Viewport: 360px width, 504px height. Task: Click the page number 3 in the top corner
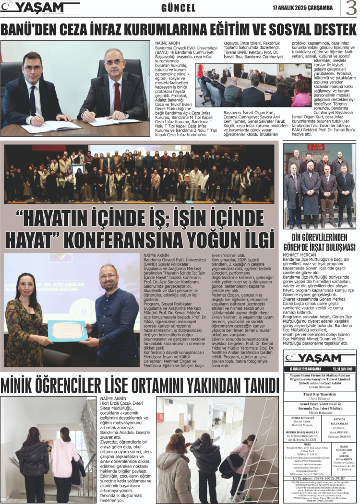pyautogui.click(x=350, y=8)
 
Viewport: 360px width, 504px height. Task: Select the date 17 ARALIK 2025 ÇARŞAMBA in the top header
pyautogui.click(x=302, y=8)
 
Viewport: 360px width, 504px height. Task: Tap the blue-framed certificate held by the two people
pyautogui.click(x=67, y=331)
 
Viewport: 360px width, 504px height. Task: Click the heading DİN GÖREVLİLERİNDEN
pyautogui.click(x=319, y=237)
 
